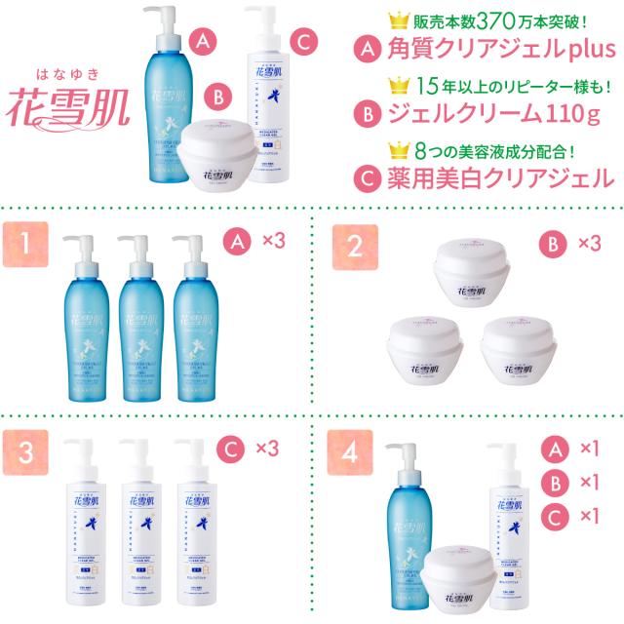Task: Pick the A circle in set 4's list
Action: pos(553,448)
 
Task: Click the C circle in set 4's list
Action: pos(553,515)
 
